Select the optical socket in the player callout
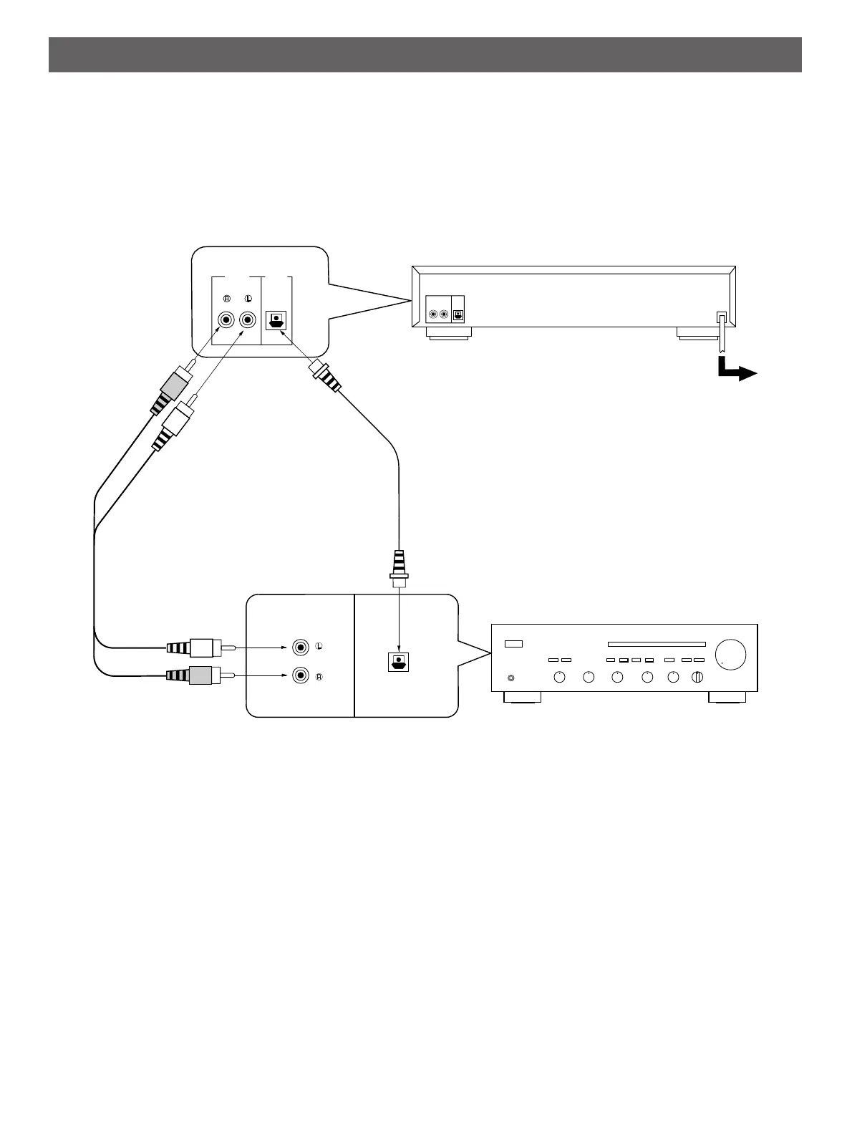pyautogui.click(x=276, y=321)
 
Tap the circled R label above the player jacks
pyautogui.click(x=227, y=299)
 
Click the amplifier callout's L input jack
pyautogui.click(x=301, y=647)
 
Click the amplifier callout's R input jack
pyautogui.click(x=301, y=675)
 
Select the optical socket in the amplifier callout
pyautogui.click(x=398, y=663)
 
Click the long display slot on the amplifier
pyautogui.click(x=657, y=644)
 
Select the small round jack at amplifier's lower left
pyautogui.click(x=510, y=678)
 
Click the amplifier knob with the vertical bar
pyautogui.click(x=698, y=678)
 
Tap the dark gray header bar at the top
pyautogui.click(x=425, y=54)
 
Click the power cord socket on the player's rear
pyautogui.click(x=722, y=317)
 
